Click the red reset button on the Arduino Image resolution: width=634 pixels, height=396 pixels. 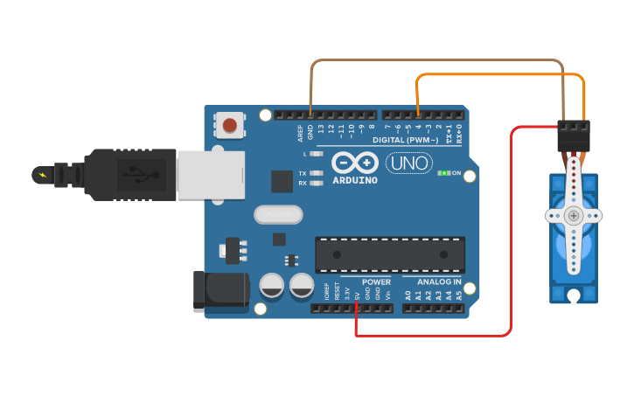(229, 126)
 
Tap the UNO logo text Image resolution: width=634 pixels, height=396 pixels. (408, 163)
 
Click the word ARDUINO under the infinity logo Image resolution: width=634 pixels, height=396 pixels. (356, 181)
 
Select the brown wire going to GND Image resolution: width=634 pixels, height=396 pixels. (437, 60)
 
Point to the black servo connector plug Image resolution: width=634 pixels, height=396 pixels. (574, 135)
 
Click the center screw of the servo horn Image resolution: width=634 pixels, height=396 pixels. (574, 215)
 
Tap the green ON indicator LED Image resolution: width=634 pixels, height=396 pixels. (445, 173)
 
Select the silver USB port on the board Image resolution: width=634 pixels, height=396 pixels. (209, 173)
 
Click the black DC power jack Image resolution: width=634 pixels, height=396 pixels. (219, 290)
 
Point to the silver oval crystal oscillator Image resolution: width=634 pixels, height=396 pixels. (278, 213)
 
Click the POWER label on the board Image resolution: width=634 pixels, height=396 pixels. (377, 282)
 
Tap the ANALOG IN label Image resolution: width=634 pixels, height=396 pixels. (439, 282)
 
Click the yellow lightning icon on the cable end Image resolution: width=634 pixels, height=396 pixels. (41, 174)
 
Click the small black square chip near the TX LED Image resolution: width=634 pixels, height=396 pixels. (282, 181)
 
